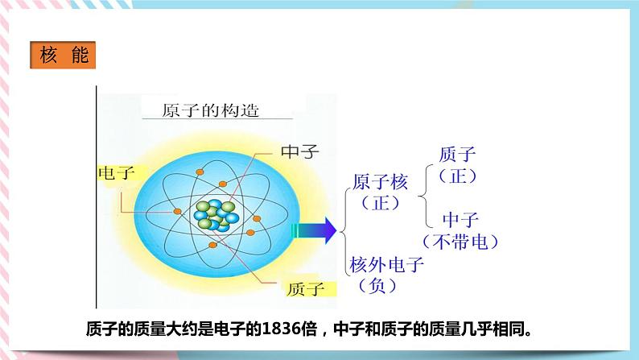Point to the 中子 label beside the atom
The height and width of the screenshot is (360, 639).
300,151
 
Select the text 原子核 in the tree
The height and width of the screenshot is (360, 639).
380,182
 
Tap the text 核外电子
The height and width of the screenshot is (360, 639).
386,264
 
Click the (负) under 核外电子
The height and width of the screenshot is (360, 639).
377,285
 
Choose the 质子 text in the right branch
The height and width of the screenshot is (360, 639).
459,154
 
